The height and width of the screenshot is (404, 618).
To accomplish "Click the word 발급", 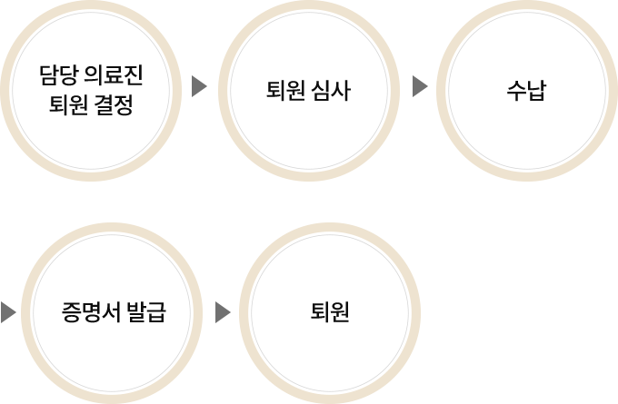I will [145, 314].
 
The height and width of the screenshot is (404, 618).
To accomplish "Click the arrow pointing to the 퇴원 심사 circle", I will [200, 87].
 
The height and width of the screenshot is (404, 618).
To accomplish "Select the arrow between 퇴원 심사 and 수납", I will [420, 87].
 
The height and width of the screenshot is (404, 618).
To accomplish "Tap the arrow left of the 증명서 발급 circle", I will [9, 313].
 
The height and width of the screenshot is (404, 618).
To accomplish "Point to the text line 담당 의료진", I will [91, 74].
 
